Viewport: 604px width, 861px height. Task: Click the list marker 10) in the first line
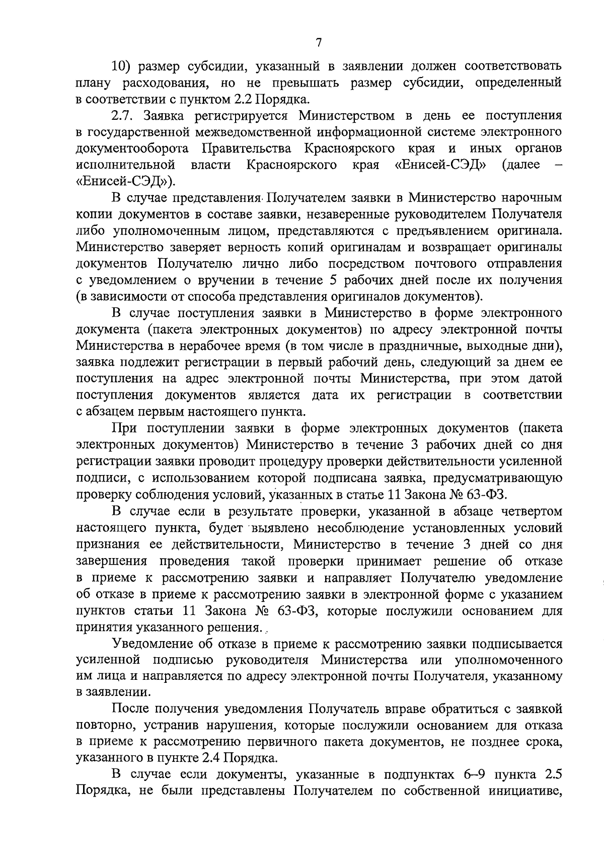(121, 66)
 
